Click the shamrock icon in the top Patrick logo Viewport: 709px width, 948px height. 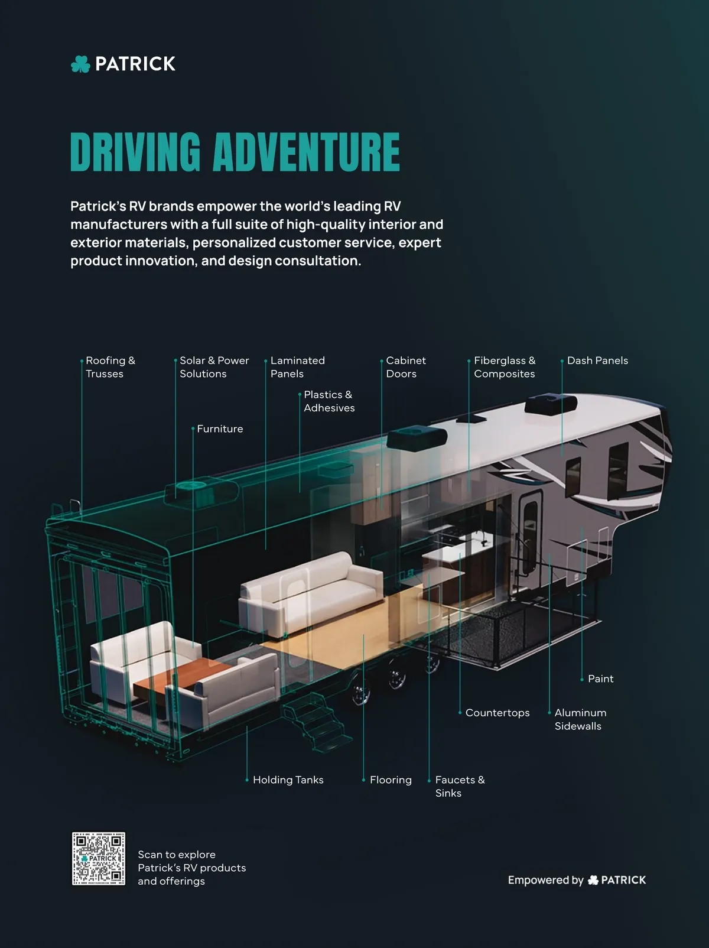tap(80, 64)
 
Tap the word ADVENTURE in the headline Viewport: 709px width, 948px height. tap(306, 152)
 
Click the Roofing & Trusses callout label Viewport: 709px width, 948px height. tap(110, 366)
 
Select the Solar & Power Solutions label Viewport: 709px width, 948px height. tap(214, 366)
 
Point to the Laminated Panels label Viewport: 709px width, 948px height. tap(298, 366)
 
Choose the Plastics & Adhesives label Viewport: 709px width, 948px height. tap(329, 401)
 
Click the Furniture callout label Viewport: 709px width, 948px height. tap(220, 428)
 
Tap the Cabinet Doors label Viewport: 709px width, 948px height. tap(406, 366)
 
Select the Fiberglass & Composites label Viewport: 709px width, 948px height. tap(505, 366)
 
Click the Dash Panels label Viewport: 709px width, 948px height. tap(597, 360)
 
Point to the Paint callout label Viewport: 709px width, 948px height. tap(601, 678)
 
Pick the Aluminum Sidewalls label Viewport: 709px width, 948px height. tap(580, 719)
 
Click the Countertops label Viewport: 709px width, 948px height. tap(497, 713)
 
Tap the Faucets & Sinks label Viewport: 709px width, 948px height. tap(460, 786)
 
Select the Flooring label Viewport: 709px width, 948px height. tap(391, 780)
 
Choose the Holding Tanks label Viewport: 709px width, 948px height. tap(288, 780)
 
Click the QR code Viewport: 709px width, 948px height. tap(99, 859)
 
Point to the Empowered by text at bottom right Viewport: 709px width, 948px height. tap(545, 880)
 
